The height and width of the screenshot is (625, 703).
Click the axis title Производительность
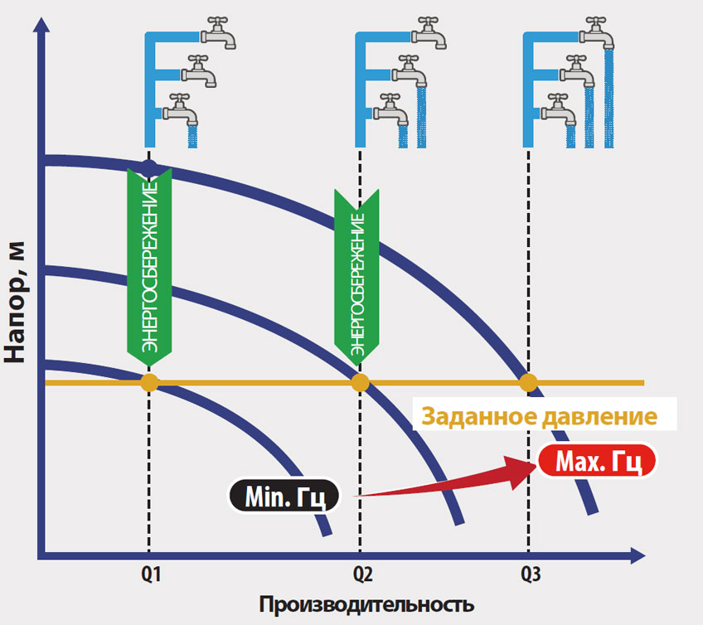366,603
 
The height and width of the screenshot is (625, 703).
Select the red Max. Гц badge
597,460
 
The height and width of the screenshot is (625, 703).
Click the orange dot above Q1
149,382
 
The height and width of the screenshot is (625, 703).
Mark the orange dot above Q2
361,382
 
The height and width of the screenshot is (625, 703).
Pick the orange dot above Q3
528,382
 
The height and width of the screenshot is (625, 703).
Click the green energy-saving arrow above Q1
149,265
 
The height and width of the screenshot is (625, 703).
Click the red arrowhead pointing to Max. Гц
518,470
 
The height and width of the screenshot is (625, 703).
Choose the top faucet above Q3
595,33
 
